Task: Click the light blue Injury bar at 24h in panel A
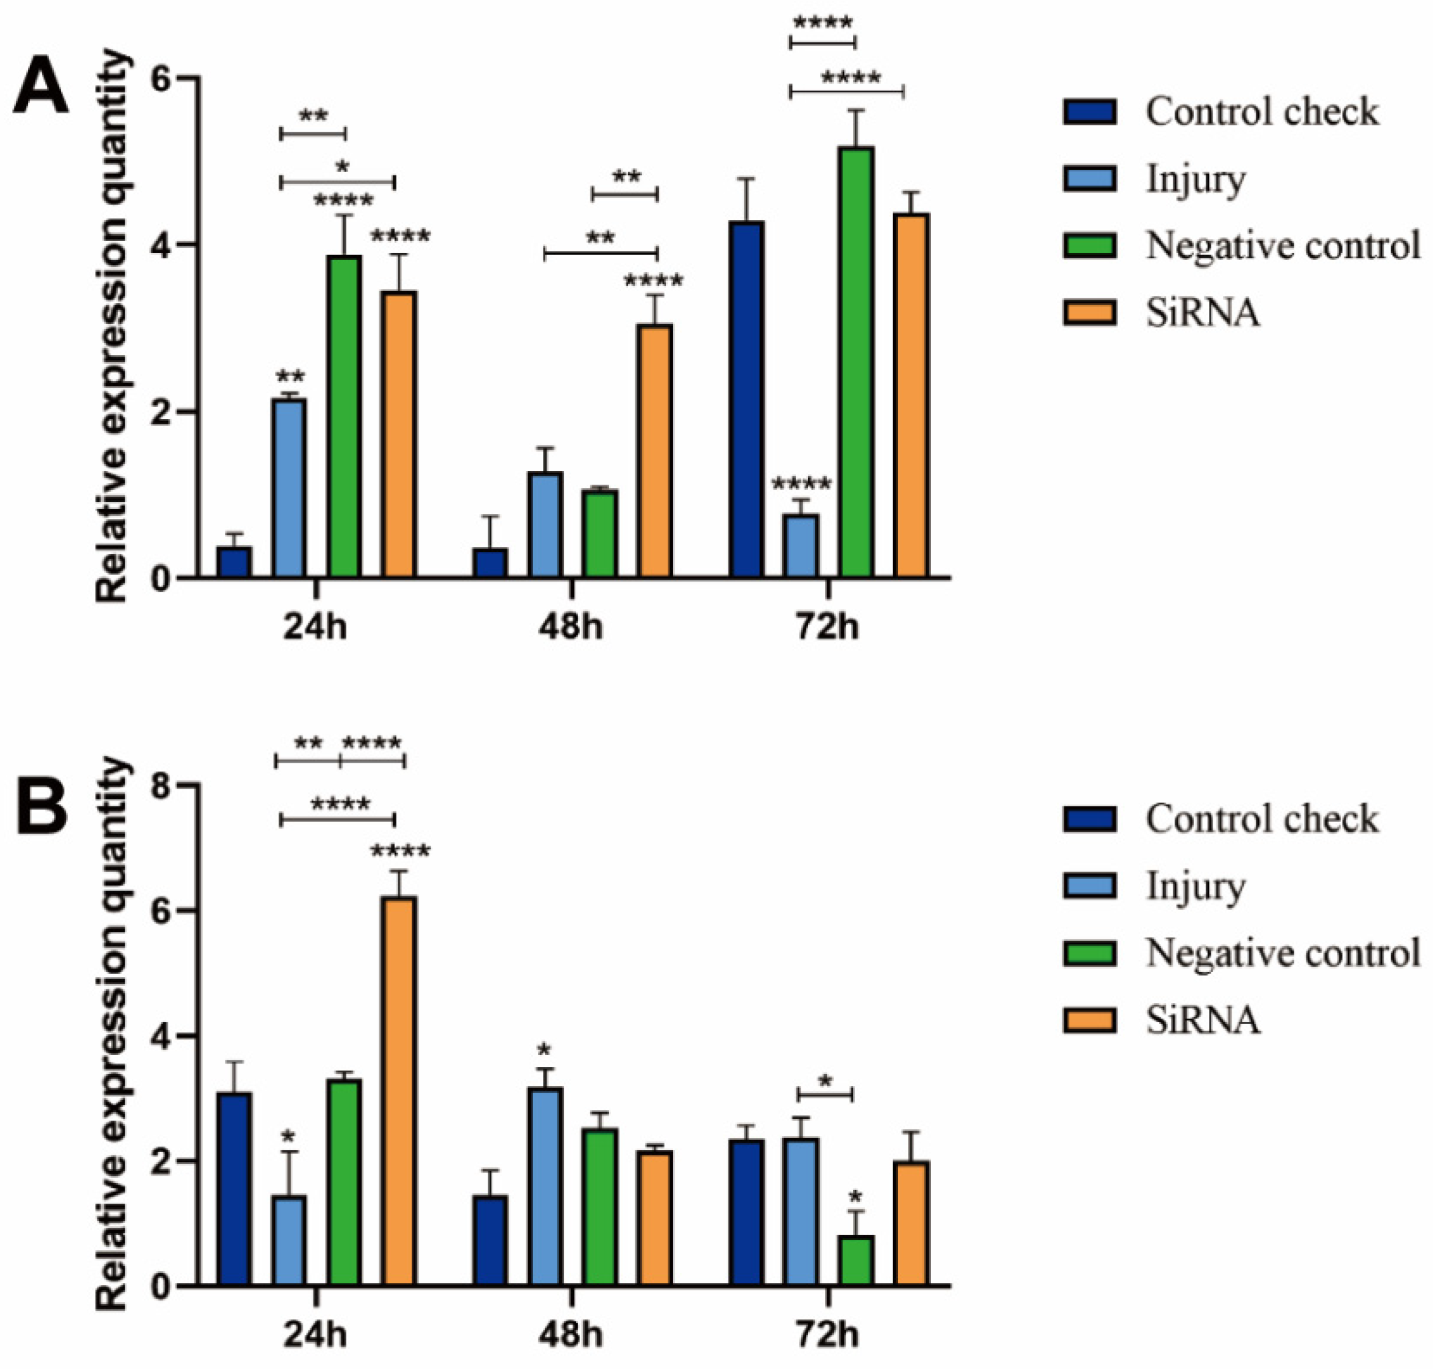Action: click(x=289, y=488)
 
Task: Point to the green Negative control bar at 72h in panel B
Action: click(x=855, y=1260)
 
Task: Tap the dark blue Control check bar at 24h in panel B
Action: click(x=234, y=1189)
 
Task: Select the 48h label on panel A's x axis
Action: click(x=571, y=626)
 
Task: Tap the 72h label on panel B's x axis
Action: click(x=827, y=1335)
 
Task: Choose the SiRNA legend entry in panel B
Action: click(x=1203, y=1020)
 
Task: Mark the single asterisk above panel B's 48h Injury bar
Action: click(x=544, y=1051)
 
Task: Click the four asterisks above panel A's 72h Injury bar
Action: click(x=801, y=483)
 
